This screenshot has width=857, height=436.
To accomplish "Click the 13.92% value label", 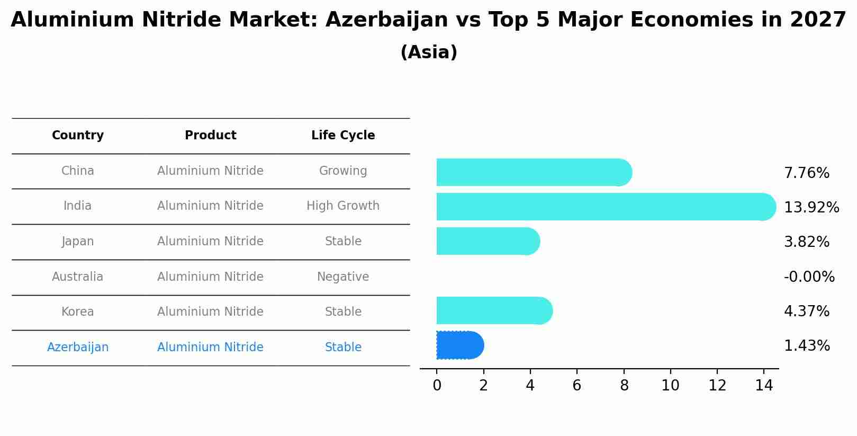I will (x=811, y=208).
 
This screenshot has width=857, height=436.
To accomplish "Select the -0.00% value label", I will (x=809, y=277).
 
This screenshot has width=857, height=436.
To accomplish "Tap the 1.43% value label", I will (x=806, y=346).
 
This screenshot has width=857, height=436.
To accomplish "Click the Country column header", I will (x=78, y=136).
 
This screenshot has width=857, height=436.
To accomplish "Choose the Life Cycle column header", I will (x=343, y=136).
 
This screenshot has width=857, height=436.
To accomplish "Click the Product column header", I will (x=210, y=136).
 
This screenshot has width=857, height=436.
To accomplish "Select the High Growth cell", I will (x=343, y=206).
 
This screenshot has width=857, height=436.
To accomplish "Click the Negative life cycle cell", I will (x=343, y=277).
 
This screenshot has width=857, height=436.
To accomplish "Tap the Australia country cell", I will (x=78, y=277).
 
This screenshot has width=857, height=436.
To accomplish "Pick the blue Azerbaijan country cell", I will (x=78, y=348).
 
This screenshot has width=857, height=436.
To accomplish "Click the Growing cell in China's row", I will (x=343, y=171).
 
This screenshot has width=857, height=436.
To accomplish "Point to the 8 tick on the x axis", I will (x=624, y=386).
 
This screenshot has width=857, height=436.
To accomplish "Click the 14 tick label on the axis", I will (x=764, y=386).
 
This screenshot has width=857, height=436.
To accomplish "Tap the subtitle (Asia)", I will (x=429, y=52).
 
